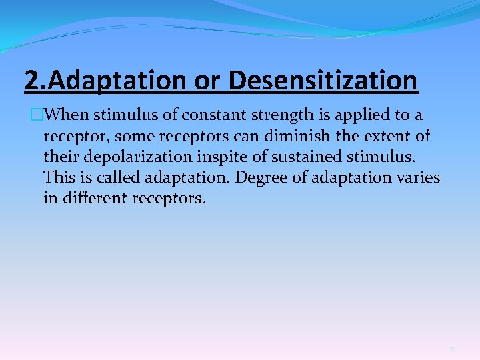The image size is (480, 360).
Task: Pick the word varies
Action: point(420,178)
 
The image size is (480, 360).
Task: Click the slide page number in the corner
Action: point(453,349)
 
